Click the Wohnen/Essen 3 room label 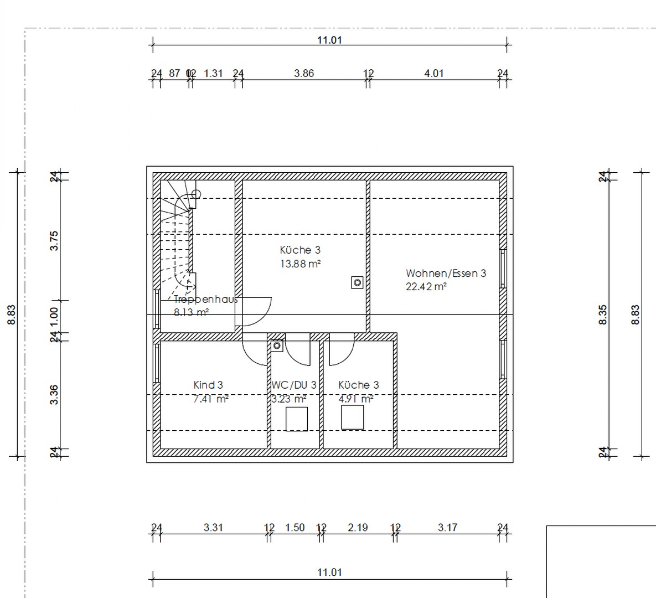click(x=446, y=273)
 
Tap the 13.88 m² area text click(x=299, y=264)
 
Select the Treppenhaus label click(x=205, y=300)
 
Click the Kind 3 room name click(x=208, y=385)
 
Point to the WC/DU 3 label click(x=294, y=385)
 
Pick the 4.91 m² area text click(x=355, y=399)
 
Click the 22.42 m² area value click(x=426, y=287)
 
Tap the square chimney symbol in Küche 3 click(x=357, y=283)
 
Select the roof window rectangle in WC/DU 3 click(x=297, y=419)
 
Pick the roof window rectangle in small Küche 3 click(x=353, y=417)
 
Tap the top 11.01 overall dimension click(x=329, y=40)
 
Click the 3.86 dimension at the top click(x=304, y=73)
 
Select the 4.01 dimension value click(x=434, y=73)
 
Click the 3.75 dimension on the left click(x=54, y=241)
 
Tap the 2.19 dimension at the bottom click(x=358, y=527)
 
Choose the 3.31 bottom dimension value click(x=213, y=527)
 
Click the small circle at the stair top click(x=196, y=194)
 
